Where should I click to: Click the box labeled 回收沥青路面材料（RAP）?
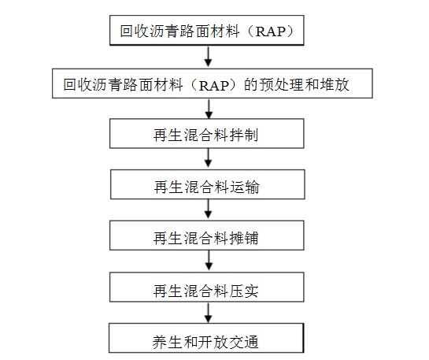click(206, 30)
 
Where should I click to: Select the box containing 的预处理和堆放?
click(213, 84)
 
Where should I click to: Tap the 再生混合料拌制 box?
click(206, 134)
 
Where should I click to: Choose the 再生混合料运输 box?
click(207, 184)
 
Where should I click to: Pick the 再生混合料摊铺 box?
click(206, 236)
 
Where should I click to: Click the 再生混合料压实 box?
click(206, 288)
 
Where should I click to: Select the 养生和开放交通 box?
click(206, 338)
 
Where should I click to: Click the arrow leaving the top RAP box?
click(209, 57)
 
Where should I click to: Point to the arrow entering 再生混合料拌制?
click(209, 109)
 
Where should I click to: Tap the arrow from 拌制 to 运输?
click(209, 158)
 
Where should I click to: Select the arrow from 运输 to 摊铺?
click(209, 209)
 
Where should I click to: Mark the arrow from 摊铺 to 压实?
click(209, 260)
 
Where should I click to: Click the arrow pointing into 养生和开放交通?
click(209, 313)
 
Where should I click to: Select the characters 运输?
click(244, 187)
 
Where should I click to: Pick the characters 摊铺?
click(243, 238)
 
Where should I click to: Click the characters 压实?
click(243, 291)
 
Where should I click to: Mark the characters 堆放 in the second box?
click(335, 84)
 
